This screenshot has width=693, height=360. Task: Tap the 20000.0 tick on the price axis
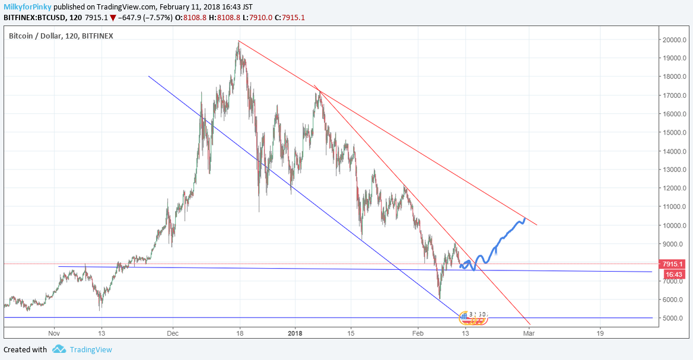[x=675, y=40]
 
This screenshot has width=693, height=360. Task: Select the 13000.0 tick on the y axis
[x=675, y=170]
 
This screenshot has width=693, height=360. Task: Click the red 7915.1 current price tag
[x=673, y=264]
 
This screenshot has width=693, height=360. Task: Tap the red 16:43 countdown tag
[x=673, y=274]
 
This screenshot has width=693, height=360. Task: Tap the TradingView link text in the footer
[x=90, y=349]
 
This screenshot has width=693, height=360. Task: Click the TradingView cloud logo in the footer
[x=59, y=349]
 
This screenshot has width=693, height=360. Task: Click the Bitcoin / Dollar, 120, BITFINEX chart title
[x=61, y=36]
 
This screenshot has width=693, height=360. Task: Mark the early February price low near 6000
[x=439, y=298]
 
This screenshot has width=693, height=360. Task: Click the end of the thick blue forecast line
[x=525, y=218]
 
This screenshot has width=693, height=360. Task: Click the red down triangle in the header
[x=113, y=18]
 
